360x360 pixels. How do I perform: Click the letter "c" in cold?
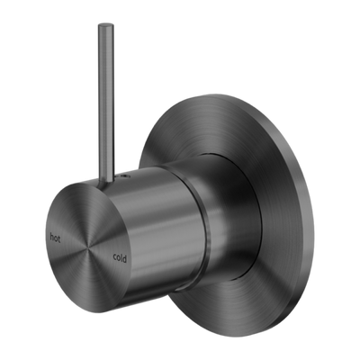[x=115, y=256]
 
